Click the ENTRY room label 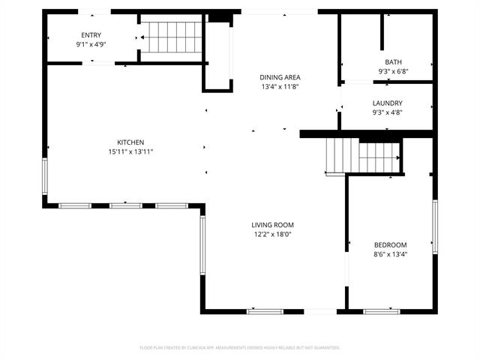pyautogui.click(x=91, y=35)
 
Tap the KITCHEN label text pyautogui.click(x=130, y=142)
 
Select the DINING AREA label pyautogui.click(x=280, y=77)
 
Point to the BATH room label pyautogui.click(x=393, y=62)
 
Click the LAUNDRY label pyautogui.click(x=387, y=103)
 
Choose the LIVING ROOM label pyautogui.click(x=272, y=225)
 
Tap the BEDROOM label pyautogui.click(x=390, y=245)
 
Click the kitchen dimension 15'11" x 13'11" pyautogui.click(x=130, y=151)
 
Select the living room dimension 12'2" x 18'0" pyautogui.click(x=271, y=234)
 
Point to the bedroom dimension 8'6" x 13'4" pyautogui.click(x=390, y=254)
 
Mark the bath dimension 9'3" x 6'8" pyautogui.click(x=393, y=71)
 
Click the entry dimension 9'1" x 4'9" pyautogui.click(x=91, y=44)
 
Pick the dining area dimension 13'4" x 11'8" pyautogui.click(x=280, y=86)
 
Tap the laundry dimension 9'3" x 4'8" pyautogui.click(x=387, y=112)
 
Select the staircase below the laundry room pyautogui.click(x=363, y=157)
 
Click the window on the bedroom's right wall pyautogui.click(x=434, y=226)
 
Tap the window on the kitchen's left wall pyautogui.click(x=44, y=177)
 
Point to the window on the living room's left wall pyautogui.click(x=202, y=244)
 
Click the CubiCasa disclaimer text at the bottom pyautogui.click(x=240, y=347)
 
